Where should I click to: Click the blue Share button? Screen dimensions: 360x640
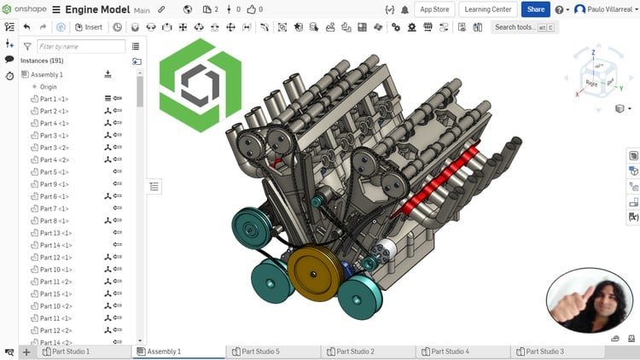pos(535,9)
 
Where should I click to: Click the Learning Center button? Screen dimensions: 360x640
pos(487,9)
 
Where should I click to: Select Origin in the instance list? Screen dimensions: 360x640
pos(48,87)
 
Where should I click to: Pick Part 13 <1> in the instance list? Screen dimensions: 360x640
pos(55,233)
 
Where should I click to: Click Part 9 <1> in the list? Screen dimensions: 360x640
pos(54,184)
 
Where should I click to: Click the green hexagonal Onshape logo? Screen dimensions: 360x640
pos(200,84)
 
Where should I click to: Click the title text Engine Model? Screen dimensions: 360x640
pos(97,9)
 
